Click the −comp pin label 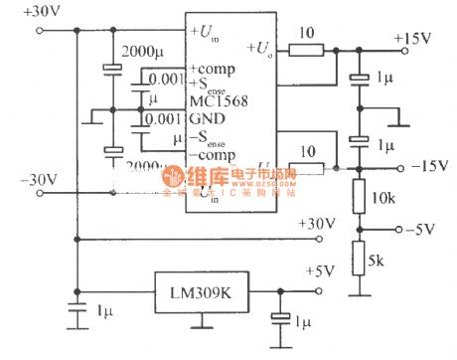[211, 155]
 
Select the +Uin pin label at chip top [208, 33]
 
